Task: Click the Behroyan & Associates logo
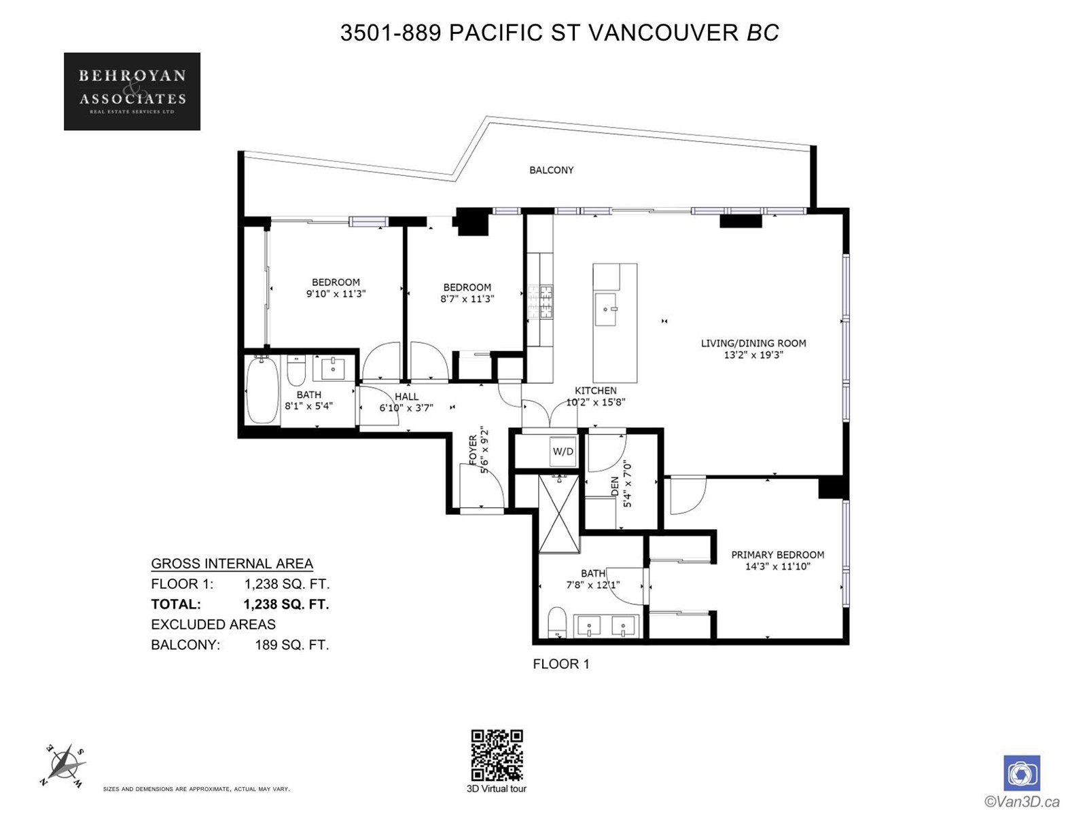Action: (x=132, y=92)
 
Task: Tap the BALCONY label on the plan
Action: (x=551, y=170)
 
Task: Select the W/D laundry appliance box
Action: (x=563, y=451)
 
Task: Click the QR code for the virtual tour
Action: (x=497, y=755)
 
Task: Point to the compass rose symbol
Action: (x=63, y=765)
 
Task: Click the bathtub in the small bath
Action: (x=262, y=391)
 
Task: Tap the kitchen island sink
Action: (x=605, y=309)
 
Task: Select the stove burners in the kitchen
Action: (x=540, y=302)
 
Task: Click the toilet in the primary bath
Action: (x=557, y=622)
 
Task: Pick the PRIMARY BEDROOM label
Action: (x=777, y=555)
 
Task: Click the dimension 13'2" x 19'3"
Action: (x=753, y=355)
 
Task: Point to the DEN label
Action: (x=615, y=486)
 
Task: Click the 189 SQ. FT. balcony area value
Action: (x=291, y=645)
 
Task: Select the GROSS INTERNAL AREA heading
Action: (x=232, y=564)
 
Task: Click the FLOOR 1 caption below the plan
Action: (x=561, y=664)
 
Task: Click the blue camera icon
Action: (x=1022, y=773)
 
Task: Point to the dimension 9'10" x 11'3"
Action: (x=336, y=293)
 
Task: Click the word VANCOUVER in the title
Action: (x=662, y=33)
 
